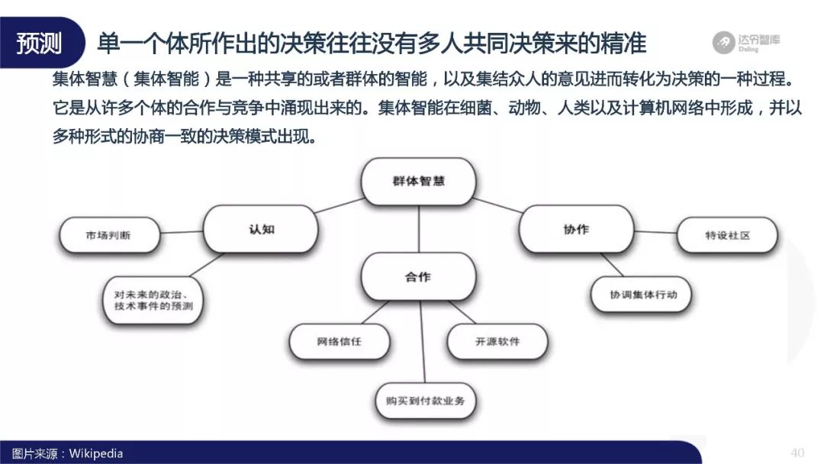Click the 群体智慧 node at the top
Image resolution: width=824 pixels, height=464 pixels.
(x=418, y=182)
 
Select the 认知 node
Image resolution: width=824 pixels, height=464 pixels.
(x=261, y=229)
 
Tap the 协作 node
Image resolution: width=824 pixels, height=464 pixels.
(x=576, y=229)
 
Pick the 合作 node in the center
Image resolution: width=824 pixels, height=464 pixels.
(x=418, y=277)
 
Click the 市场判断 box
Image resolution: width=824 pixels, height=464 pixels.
(x=109, y=235)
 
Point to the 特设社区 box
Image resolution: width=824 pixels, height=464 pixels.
(x=727, y=235)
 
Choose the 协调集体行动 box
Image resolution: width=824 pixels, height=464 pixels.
(x=641, y=295)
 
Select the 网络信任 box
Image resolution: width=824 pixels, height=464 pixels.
(x=340, y=342)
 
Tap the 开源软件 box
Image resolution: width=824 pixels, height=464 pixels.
(x=497, y=342)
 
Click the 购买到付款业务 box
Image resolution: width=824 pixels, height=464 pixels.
(x=425, y=401)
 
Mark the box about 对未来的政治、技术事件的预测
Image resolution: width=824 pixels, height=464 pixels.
(x=152, y=301)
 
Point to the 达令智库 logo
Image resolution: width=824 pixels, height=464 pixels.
(x=746, y=42)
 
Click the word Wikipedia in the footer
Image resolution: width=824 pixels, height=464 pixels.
(x=95, y=453)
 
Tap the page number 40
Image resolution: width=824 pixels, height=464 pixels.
(x=797, y=453)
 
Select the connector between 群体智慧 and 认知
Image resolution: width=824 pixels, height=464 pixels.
(x=340, y=205)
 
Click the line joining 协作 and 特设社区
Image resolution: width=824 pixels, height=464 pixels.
(x=655, y=232)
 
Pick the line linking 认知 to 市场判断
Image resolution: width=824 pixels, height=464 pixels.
(x=182, y=232)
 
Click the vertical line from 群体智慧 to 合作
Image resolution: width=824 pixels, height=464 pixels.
(x=419, y=229)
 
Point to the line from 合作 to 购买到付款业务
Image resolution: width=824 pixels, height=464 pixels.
(x=422, y=342)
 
